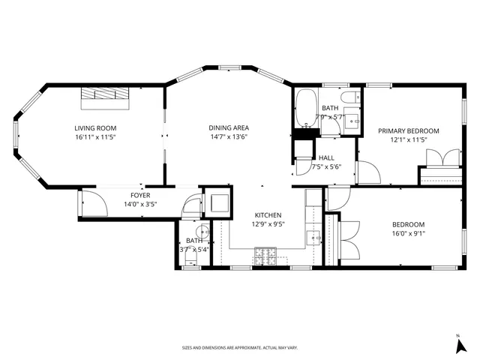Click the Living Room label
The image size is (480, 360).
[x=94, y=127]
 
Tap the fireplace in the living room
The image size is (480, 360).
[x=104, y=95]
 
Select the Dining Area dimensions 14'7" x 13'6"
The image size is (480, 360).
[x=229, y=137]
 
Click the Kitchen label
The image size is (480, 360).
[x=268, y=215]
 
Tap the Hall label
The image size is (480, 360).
[x=326, y=157]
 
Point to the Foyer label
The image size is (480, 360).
[x=141, y=195]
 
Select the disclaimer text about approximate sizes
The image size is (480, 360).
[x=240, y=348]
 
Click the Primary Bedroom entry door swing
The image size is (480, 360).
[x=367, y=172]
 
